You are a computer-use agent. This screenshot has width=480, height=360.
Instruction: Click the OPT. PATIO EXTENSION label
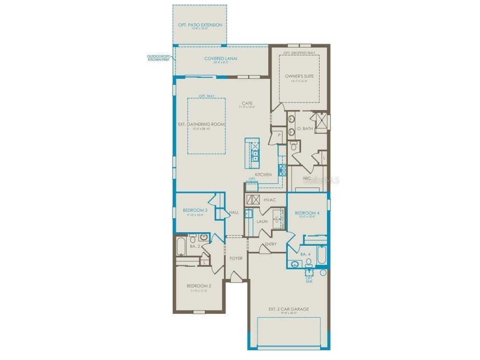click(200, 25)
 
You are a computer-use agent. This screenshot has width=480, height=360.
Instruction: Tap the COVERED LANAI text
click(221, 58)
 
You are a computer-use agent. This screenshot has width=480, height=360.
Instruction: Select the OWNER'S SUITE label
click(299, 76)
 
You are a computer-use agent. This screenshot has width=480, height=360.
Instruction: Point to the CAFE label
click(247, 103)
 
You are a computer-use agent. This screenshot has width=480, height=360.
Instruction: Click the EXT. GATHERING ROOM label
click(202, 125)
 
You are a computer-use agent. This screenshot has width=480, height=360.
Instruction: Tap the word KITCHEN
click(263, 174)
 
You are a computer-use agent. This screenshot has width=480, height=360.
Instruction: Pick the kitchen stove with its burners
click(282, 169)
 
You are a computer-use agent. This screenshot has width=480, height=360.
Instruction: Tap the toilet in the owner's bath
click(294, 147)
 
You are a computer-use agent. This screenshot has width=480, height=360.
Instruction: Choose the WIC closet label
click(306, 178)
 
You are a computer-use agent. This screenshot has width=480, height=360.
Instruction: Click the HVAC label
click(270, 200)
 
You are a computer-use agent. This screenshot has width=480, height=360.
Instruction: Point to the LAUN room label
click(262, 221)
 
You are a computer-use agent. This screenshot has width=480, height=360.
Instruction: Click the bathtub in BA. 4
click(322, 255)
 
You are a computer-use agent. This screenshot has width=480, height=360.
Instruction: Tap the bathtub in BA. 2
click(181, 247)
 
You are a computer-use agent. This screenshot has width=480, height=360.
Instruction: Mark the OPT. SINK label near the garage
click(309, 280)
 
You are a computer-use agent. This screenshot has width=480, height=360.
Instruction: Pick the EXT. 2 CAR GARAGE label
click(288, 309)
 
